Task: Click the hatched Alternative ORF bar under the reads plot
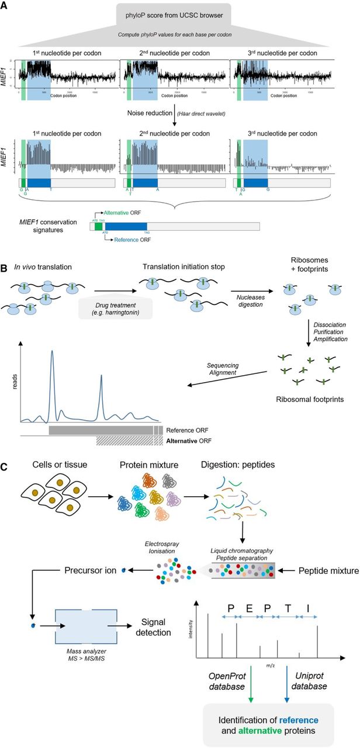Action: [x=125, y=439]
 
